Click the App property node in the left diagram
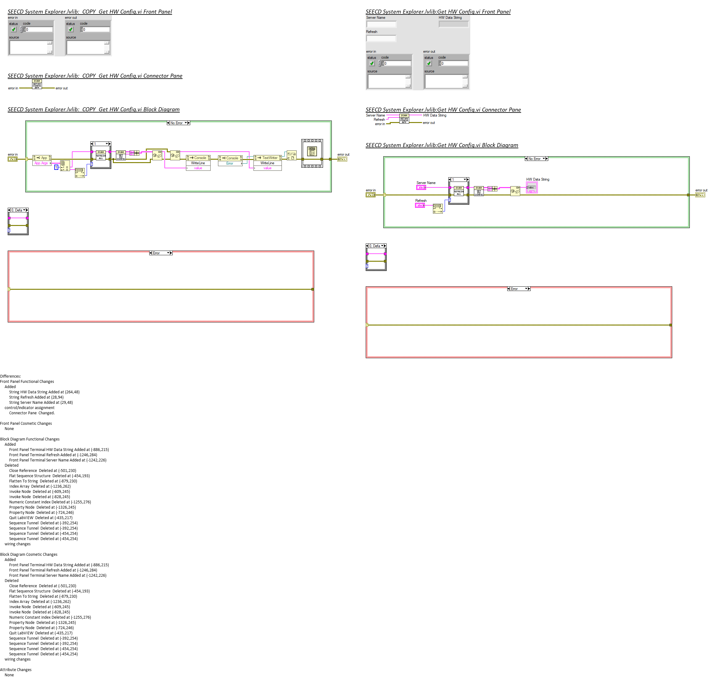[x=42, y=158]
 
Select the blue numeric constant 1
[x=56, y=167]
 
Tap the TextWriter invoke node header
[x=267, y=158]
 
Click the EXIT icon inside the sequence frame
[x=312, y=151]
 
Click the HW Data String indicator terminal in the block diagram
[x=532, y=188]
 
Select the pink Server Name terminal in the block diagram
[x=421, y=188]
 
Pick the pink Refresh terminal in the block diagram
[x=420, y=206]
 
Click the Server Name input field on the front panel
[x=381, y=24]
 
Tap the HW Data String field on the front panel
[x=453, y=24]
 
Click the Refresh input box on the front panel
[x=381, y=38]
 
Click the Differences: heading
[x=10, y=376]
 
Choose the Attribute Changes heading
[x=16, y=670]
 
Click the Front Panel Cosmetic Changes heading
[x=26, y=424]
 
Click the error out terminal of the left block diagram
[x=342, y=159]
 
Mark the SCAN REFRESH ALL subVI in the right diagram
[x=459, y=191]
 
